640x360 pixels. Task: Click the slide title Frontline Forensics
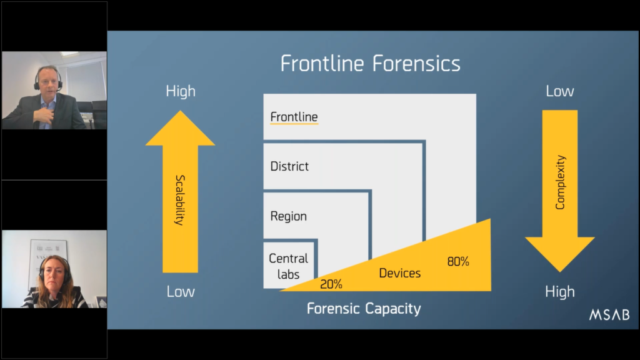pos(370,64)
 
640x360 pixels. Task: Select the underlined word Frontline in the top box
pos(294,117)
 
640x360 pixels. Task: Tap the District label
pos(289,166)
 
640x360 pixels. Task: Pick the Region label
pos(289,216)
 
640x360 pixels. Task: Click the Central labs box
pos(289,265)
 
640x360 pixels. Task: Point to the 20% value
pos(331,284)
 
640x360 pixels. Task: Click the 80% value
pos(458,261)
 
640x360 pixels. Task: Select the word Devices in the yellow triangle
pos(399,273)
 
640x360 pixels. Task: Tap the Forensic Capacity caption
pos(364,309)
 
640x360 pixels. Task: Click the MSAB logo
pos(609,315)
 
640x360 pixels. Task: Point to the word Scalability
pos(180,200)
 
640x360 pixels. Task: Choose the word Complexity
pos(560,182)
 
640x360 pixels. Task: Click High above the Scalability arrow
pos(181,91)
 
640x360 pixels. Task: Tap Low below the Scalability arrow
pos(181,291)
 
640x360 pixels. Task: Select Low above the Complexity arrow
pos(559,91)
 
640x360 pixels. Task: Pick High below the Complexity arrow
pos(559,292)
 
